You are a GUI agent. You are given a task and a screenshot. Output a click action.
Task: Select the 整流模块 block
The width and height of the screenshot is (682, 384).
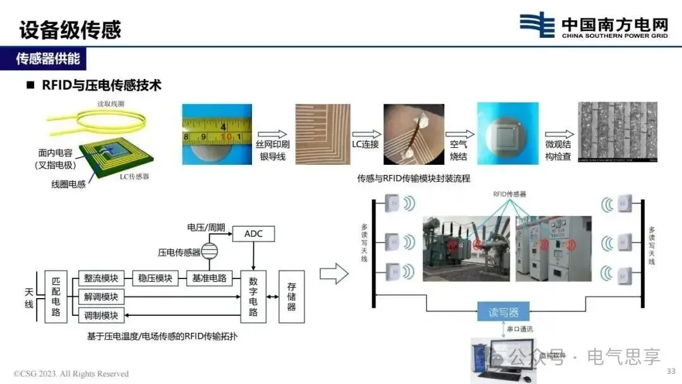101,278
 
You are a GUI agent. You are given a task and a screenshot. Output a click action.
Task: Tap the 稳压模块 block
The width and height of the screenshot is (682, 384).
155,278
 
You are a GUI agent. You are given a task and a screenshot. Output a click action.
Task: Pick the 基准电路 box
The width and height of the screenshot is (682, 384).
210,278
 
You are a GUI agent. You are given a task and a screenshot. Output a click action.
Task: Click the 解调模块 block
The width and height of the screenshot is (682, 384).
101,297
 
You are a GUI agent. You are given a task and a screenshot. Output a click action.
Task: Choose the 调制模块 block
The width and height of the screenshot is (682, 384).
101,315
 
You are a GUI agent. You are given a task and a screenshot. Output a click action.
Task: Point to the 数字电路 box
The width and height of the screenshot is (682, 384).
253,297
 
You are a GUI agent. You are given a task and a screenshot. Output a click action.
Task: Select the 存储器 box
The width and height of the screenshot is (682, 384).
291,297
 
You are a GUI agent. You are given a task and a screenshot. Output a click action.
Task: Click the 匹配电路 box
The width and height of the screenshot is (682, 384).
56,297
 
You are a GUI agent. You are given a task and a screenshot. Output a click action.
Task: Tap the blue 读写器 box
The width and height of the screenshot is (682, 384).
503,311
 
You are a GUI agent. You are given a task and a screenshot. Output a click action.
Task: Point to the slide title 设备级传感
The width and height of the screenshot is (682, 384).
69,29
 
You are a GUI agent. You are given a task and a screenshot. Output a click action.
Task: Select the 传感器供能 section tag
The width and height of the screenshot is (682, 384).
48,59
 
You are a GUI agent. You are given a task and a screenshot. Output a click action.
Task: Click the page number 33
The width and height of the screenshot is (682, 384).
671,371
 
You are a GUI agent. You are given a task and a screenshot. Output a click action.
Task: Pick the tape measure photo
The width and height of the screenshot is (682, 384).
217,135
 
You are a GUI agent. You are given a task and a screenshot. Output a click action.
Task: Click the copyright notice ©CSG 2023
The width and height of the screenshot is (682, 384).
71,374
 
